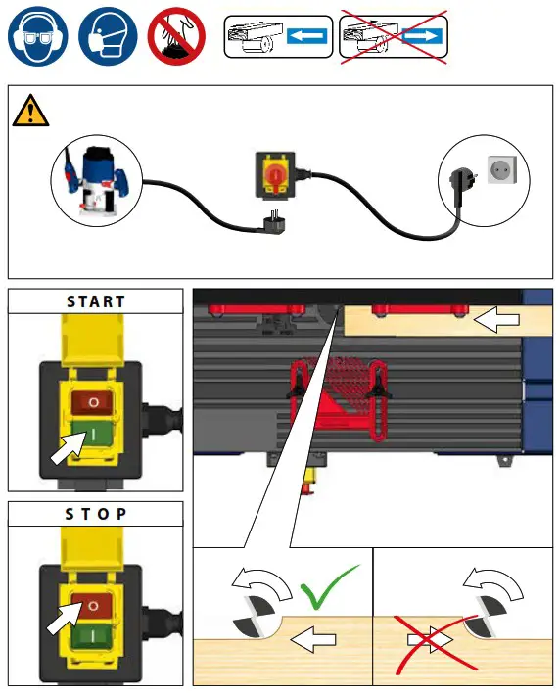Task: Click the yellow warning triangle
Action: coord(30,114)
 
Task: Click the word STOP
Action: coord(95,513)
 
